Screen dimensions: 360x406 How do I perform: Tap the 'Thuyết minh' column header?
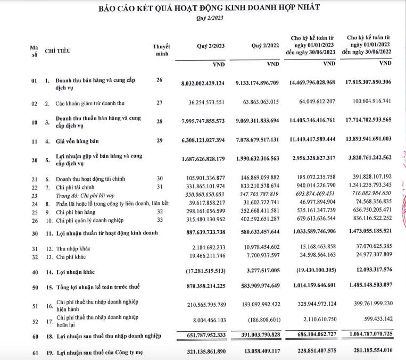(x=162, y=50)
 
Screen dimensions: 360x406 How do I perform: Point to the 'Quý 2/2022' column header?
(x=265, y=46)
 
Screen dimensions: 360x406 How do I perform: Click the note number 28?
(x=159, y=122)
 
